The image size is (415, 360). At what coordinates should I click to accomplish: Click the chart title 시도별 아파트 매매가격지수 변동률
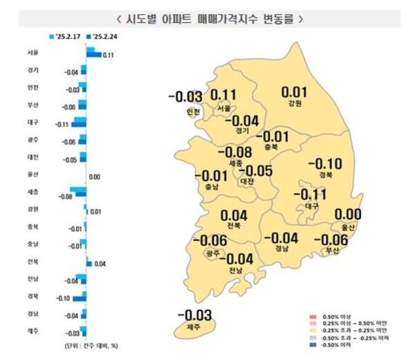tap(207, 19)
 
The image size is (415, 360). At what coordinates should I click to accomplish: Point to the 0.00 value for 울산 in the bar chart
tap(95, 177)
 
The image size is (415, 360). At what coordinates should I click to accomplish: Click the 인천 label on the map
tap(193, 112)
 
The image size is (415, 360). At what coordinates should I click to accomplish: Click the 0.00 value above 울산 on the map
tap(347, 214)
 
